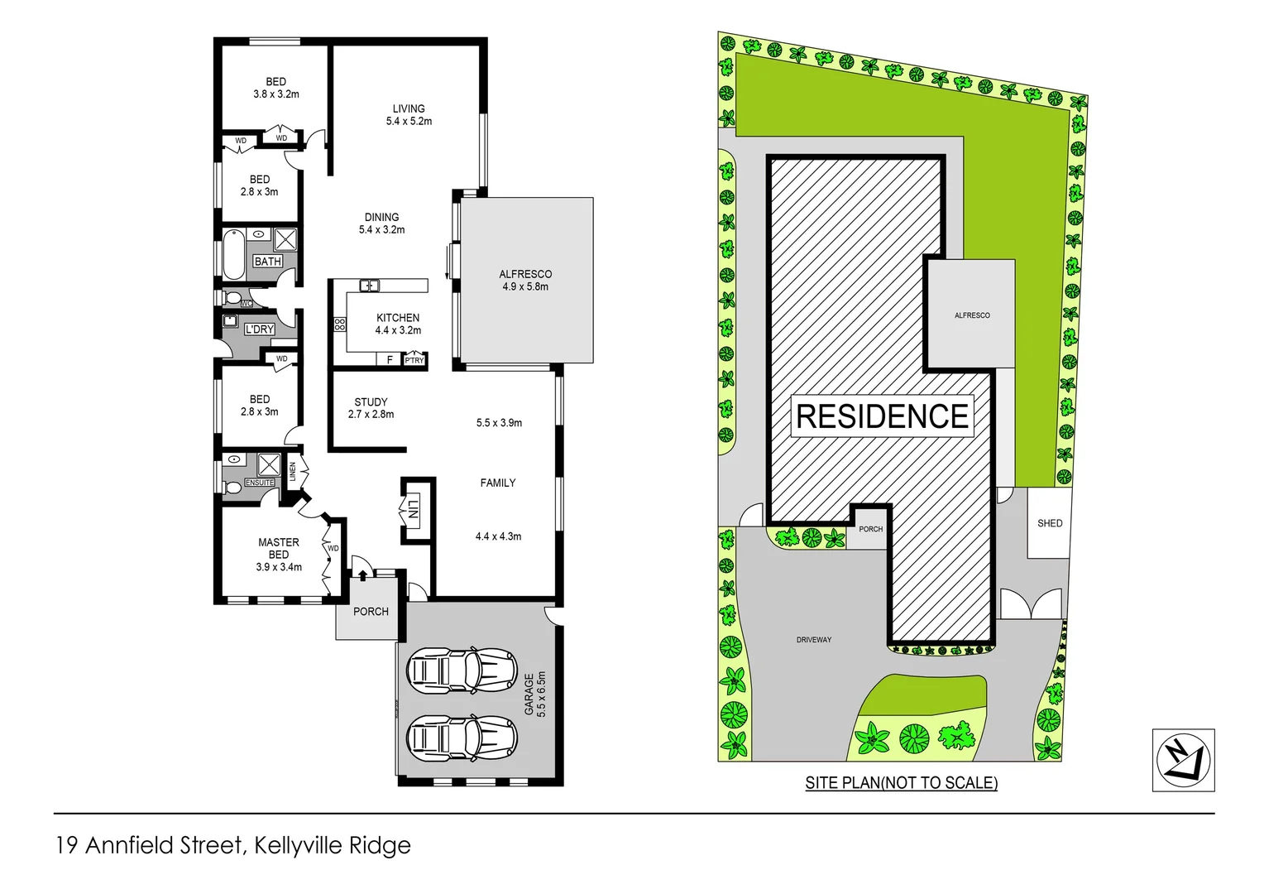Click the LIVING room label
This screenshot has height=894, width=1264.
pos(409,108)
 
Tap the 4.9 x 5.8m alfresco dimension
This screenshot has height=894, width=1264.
pos(524,287)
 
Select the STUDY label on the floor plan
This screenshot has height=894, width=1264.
pos(371,402)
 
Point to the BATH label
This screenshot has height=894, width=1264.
pos(267,262)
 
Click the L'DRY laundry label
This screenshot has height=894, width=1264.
pos(259,329)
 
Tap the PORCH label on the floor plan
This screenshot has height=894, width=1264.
pos(371,612)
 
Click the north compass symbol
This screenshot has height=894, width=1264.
pos(1183,760)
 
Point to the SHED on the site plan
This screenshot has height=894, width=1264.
pos(1049,523)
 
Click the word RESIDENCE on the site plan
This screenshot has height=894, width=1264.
pos(882,416)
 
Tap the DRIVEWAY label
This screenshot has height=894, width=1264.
pos(814,640)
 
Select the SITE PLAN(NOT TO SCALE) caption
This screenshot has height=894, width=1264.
pos(901,782)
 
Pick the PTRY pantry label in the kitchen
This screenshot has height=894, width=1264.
pos(414,360)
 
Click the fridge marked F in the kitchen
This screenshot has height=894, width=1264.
pos(390,359)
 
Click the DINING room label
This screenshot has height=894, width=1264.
pos(381,218)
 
